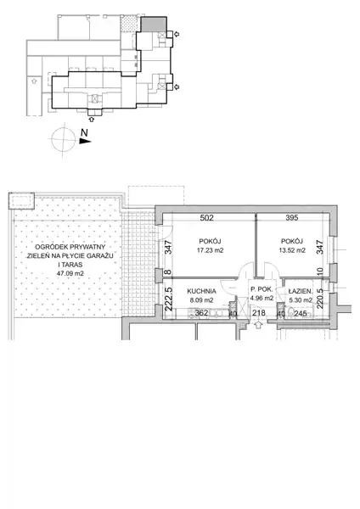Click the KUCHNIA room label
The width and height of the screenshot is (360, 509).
(x=201, y=291)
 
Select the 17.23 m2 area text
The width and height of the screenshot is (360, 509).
(x=211, y=250)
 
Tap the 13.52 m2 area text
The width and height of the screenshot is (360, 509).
(x=292, y=250)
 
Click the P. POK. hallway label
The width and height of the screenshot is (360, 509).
(x=262, y=289)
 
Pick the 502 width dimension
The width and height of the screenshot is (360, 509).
(x=206, y=218)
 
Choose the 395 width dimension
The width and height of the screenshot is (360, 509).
(x=292, y=218)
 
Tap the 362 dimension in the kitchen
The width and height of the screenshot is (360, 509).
(x=201, y=314)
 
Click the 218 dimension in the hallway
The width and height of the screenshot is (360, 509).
(x=259, y=313)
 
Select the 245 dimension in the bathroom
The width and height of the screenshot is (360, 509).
(x=301, y=314)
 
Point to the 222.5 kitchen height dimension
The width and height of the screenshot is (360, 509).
(x=169, y=299)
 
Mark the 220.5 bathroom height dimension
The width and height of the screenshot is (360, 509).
(x=320, y=299)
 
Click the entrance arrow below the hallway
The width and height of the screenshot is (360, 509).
(x=259, y=325)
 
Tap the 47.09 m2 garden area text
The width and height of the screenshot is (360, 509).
(x=70, y=273)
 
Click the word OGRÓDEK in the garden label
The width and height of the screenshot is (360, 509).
(x=49, y=247)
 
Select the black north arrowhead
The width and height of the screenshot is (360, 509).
(x=85, y=141)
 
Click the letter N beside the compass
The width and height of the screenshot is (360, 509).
(x=84, y=132)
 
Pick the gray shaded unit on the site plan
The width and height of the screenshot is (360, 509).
(x=154, y=25)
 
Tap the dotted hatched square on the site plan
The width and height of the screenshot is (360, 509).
(x=129, y=24)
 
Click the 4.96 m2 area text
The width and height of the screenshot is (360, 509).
(x=262, y=298)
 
